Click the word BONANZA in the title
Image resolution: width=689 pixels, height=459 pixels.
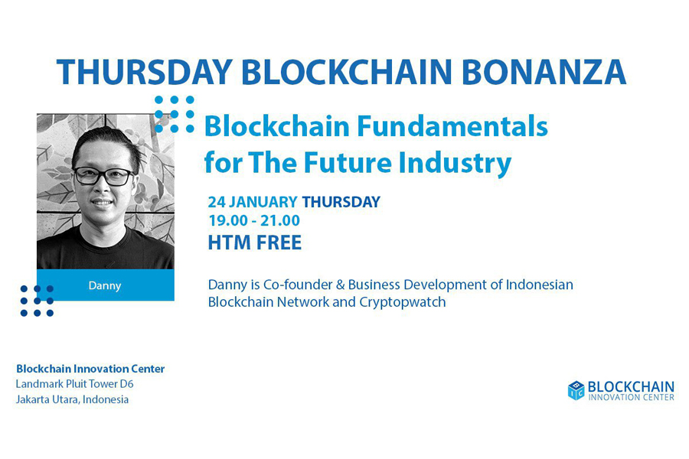point(544,72)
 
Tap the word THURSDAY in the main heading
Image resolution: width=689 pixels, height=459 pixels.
point(145,72)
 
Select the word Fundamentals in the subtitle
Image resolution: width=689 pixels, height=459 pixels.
point(452,126)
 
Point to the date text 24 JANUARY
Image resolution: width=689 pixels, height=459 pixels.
point(253,202)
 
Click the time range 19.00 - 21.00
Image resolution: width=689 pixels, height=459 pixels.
point(254,220)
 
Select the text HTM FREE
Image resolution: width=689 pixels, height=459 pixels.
point(255,243)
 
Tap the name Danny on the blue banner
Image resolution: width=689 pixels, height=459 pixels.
point(105,285)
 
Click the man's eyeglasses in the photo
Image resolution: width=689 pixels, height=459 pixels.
point(104,176)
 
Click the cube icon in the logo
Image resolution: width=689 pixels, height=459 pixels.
point(576,390)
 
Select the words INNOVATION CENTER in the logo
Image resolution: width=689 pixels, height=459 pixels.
point(631,397)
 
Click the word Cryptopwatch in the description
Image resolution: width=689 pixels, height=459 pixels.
point(403,303)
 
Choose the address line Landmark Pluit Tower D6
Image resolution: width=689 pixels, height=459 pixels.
point(75,384)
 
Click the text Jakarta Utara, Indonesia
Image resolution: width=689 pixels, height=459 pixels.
point(73,399)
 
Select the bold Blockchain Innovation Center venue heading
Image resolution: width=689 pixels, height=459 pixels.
point(90,369)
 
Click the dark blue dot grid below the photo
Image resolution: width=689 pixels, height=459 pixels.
point(37,301)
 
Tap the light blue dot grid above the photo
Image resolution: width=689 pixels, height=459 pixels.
point(175,114)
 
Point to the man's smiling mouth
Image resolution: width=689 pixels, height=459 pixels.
point(103,203)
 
